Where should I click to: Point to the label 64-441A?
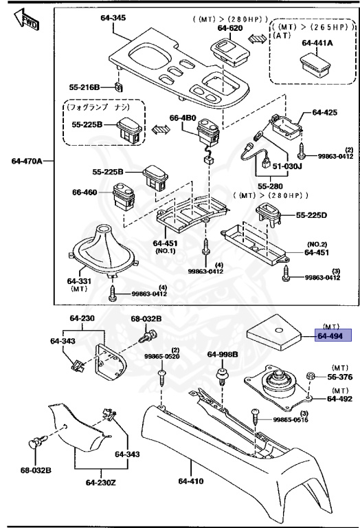[316, 43]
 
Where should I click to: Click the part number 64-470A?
[27, 161]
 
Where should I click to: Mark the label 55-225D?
[313, 215]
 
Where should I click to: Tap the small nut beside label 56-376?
[311, 377]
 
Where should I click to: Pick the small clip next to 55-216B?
[118, 87]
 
